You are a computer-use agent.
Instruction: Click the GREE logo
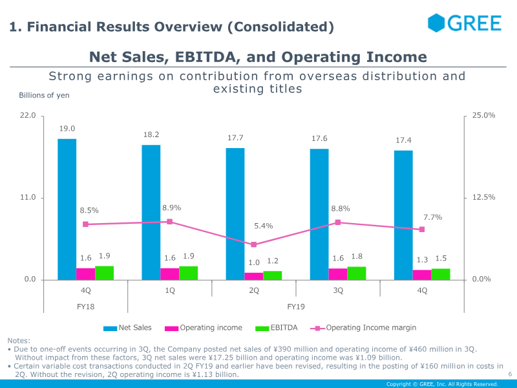click(465, 23)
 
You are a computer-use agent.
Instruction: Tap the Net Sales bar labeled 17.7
click(235, 213)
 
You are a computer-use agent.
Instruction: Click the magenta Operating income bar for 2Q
click(254, 276)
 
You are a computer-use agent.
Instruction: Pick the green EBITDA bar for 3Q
click(357, 273)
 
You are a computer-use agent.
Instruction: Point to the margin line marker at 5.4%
click(254, 244)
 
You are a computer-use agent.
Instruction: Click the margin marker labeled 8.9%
click(170, 222)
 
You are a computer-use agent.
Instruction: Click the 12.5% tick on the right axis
click(484, 198)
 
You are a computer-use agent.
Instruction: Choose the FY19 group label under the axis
click(296, 307)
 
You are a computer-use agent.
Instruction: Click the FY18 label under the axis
click(86, 307)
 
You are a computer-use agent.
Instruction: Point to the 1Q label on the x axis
click(170, 290)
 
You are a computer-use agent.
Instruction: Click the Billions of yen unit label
click(44, 95)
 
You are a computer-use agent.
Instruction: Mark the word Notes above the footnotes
click(19, 341)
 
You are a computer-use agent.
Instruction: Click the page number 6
click(510, 374)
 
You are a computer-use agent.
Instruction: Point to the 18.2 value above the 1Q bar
click(151, 135)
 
